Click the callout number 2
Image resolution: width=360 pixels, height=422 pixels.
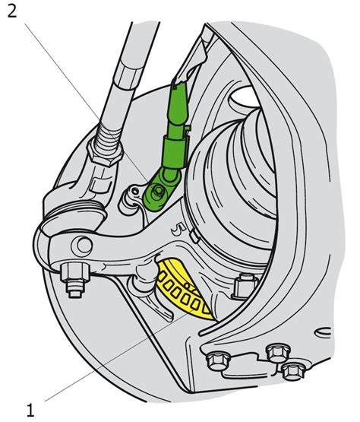tap(11, 11)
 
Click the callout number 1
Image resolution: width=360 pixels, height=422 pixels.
tap(30, 410)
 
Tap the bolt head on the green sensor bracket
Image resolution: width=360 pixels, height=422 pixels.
tap(157, 192)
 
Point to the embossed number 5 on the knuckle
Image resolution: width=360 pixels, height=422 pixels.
tap(179, 230)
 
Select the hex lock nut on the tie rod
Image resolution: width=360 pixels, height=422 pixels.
tap(105, 153)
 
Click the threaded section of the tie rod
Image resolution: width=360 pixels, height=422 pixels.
tap(109, 134)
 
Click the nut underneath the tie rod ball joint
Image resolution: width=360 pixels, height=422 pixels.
tap(74, 278)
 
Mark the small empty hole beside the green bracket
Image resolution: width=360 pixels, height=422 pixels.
tap(134, 191)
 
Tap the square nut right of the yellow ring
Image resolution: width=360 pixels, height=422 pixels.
tap(244, 287)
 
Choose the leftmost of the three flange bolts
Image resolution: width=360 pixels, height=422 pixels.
tap(218, 361)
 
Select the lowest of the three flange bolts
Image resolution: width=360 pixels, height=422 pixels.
tap(292, 370)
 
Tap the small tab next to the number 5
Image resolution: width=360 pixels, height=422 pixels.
tap(194, 235)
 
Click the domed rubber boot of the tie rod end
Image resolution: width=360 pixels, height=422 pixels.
tap(72, 213)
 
